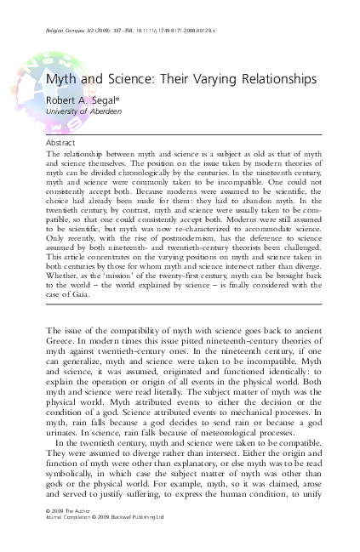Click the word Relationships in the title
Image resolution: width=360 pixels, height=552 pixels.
click(273, 79)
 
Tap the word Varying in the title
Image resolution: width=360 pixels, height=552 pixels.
click(203, 79)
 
